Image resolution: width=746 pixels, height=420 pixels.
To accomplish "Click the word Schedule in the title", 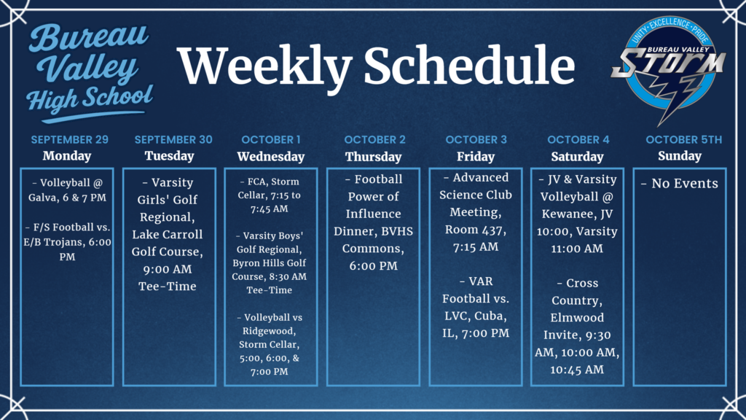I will (x=469, y=66).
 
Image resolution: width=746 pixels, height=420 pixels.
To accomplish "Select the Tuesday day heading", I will (x=169, y=156).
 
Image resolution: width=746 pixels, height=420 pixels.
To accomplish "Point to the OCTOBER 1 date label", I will (x=270, y=139).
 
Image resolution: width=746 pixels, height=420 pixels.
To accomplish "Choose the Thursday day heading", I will (x=373, y=157).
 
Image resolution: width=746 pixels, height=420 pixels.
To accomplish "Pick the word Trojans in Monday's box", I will (x=76, y=242).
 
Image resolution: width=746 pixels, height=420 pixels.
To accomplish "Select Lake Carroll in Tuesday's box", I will (x=167, y=234).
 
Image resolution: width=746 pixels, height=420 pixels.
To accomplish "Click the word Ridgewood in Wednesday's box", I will (x=270, y=330).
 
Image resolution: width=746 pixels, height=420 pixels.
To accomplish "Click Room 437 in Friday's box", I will (x=475, y=230).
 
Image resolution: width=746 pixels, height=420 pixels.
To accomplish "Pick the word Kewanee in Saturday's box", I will (x=568, y=214).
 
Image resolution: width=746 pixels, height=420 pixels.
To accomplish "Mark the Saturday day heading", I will (x=576, y=157).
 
